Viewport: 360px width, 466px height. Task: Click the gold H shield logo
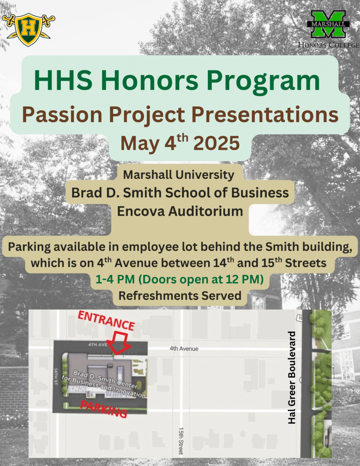click(28, 30)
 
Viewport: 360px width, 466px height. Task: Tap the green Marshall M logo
click(328, 24)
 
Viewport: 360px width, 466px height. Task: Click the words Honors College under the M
click(329, 45)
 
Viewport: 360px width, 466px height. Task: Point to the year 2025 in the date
click(217, 143)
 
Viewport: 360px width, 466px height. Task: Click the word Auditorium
click(205, 211)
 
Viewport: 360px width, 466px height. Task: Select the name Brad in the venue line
click(86, 192)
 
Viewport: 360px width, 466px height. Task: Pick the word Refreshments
click(158, 296)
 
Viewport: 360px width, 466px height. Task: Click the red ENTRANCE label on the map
click(106, 321)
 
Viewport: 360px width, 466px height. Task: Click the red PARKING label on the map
click(104, 409)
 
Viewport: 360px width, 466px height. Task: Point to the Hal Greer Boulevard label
click(292, 378)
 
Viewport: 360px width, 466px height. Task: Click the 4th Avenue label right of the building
click(184, 349)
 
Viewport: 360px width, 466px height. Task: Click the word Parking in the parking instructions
click(29, 247)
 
